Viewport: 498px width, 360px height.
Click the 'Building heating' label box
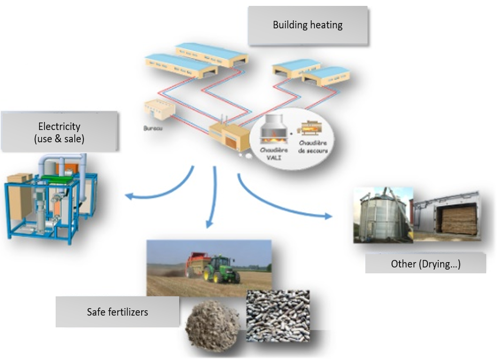[308, 25]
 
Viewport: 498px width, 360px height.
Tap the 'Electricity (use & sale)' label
[59, 132]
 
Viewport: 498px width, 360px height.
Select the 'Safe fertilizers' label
[117, 311]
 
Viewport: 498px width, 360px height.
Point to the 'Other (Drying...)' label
[425, 264]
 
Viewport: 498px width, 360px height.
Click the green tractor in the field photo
[221, 270]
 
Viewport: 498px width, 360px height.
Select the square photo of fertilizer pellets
[278, 315]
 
